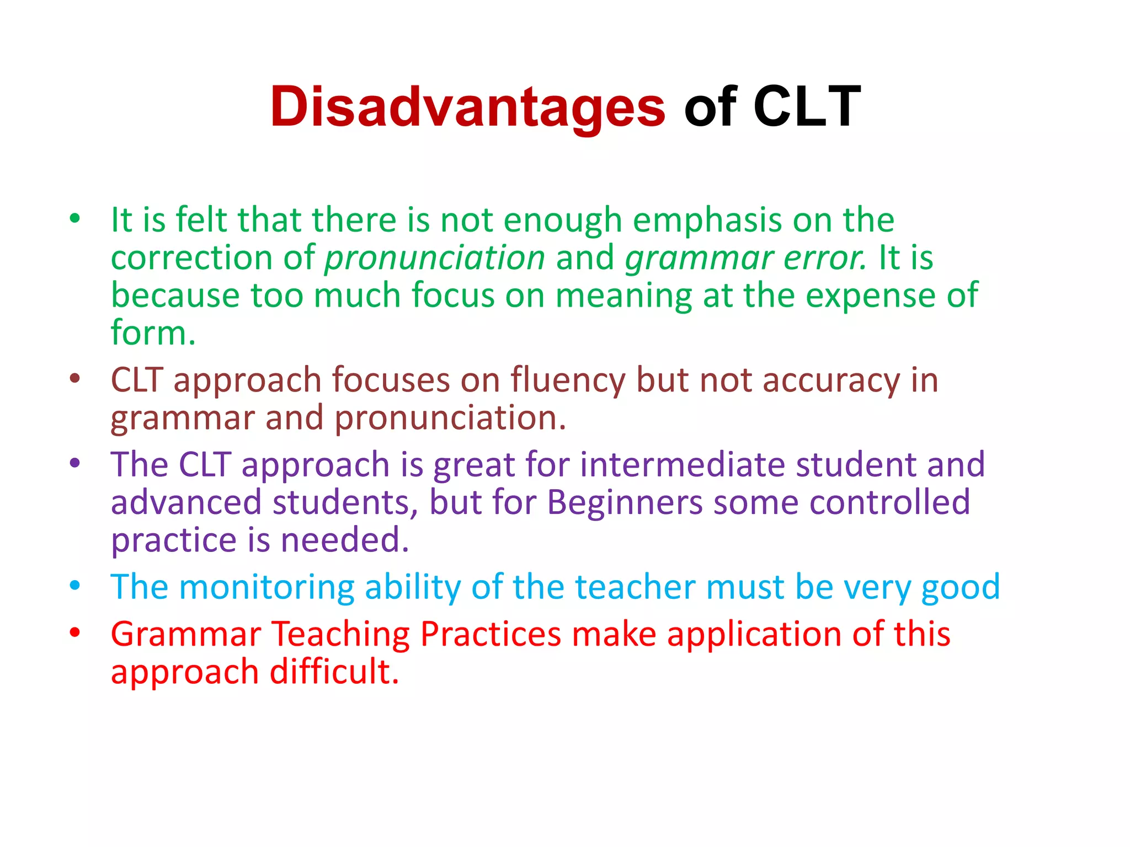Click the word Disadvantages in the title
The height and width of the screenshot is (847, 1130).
click(467, 107)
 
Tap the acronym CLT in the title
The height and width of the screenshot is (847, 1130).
click(806, 107)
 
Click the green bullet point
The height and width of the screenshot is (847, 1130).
click(75, 218)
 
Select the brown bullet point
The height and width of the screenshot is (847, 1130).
click(75, 379)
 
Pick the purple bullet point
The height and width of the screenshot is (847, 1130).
click(75, 463)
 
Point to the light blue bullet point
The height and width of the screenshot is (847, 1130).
click(75, 586)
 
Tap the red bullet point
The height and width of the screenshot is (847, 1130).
click(75, 632)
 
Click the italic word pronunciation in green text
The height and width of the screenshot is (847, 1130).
click(435, 258)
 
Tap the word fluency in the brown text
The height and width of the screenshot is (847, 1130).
click(568, 381)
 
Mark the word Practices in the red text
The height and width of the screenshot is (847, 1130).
click(491, 634)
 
